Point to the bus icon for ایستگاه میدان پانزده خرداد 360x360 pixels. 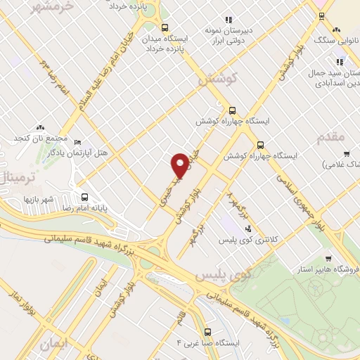164,28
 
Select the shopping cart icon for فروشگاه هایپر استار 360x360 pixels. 328,257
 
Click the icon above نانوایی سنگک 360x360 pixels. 337,30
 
